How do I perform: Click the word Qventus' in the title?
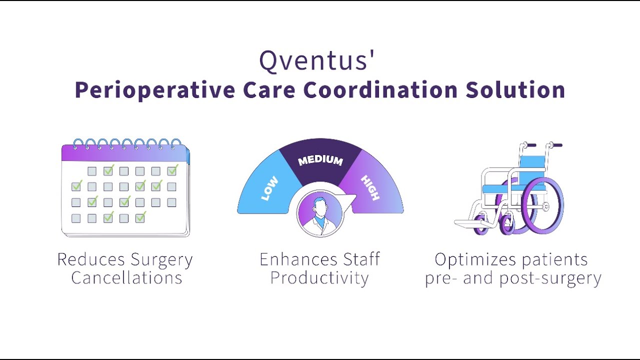(x=316, y=60)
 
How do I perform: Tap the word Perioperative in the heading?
(x=155, y=90)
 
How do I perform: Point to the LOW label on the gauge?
(x=269, y=188)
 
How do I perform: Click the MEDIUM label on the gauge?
(x=320, y=161)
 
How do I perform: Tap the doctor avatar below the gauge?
(x=320, y=213)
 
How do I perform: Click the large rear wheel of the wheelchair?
(x=542, y=205)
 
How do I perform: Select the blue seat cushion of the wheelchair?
(x=513, y=188)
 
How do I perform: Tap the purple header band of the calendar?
(x=124, y=153)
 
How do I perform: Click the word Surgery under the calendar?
(x=161, y=260)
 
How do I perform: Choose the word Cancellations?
(x=126, y=277)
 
